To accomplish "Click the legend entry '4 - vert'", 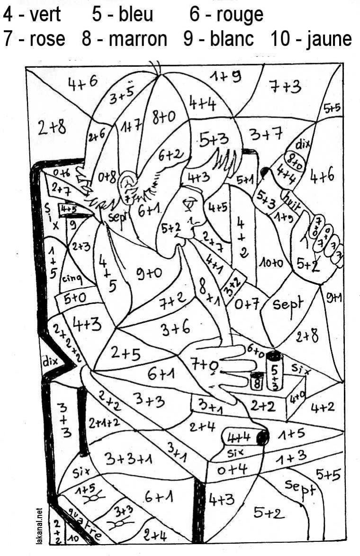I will coord(32,15).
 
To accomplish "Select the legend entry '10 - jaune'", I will coord(311,38).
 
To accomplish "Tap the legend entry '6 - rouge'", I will coord(226,15).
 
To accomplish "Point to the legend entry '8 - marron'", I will coord(124,38).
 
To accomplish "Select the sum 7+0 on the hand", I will coord(205,365).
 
